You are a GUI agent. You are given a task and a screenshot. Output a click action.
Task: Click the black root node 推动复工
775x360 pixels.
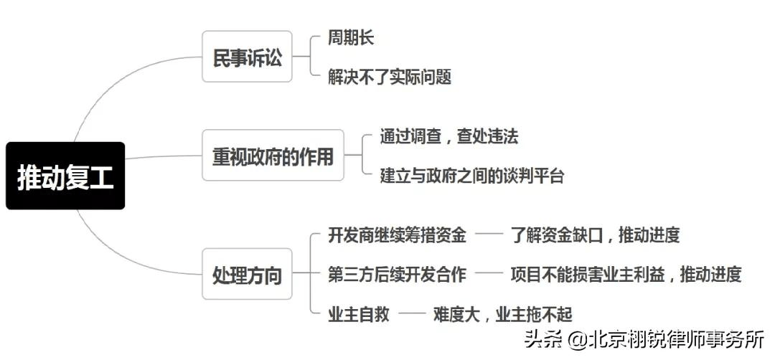pos(65,176)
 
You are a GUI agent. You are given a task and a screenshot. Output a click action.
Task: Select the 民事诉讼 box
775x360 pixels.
pos(247,57)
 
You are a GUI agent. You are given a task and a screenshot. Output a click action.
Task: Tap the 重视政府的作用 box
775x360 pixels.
pos(273,155)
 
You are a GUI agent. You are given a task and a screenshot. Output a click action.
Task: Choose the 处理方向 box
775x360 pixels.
pos(247,274)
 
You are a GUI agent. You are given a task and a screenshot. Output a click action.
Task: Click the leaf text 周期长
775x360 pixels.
pos(351,37)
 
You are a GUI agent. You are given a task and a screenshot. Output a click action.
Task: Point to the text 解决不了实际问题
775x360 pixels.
pos(390,77)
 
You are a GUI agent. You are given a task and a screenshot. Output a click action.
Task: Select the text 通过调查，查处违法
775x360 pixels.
pos(448,136)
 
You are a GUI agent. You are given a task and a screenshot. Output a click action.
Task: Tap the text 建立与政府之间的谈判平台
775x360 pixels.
pos(471,175)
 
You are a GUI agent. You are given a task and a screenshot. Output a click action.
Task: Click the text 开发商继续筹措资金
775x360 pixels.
pos(397,235)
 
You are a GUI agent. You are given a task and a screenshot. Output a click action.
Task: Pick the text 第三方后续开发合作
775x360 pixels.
pos(397,274)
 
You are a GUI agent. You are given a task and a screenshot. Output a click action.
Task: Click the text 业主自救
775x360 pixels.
pos(358,313)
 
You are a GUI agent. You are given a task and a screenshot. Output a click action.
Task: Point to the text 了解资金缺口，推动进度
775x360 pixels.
pos(595,235)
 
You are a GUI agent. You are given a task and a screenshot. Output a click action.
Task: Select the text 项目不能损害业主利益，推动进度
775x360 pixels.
pos(626,274)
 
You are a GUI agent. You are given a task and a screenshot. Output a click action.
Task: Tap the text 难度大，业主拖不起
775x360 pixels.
pos(502,313)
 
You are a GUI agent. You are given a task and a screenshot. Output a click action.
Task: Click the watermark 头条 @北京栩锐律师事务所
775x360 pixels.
pos(644,338)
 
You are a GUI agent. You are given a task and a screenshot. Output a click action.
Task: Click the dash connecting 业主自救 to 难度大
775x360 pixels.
pos(412,313)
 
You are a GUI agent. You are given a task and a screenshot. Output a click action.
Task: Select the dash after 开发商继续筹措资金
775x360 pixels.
pos(489,235)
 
